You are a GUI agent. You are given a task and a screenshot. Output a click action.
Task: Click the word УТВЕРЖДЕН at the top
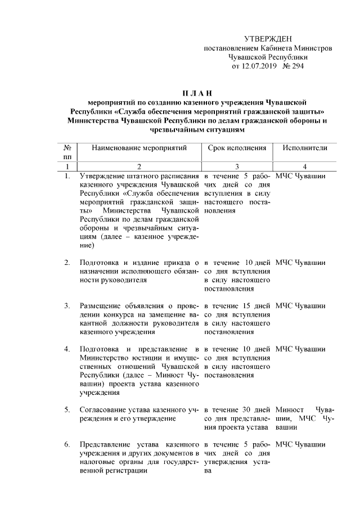pyautogui.click(x=268, y=39)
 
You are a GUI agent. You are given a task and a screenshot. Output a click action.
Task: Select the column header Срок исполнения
pyautogui.click(x=236, y=147)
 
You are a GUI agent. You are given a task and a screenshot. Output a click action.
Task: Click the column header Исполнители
pyautogui.click(x=305, y=147)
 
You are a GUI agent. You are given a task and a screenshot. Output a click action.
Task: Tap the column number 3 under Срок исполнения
pyautogui.click(x=237, y=166)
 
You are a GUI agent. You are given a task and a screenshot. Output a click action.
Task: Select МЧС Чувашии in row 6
pyautogui.click(x=300, y=444)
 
